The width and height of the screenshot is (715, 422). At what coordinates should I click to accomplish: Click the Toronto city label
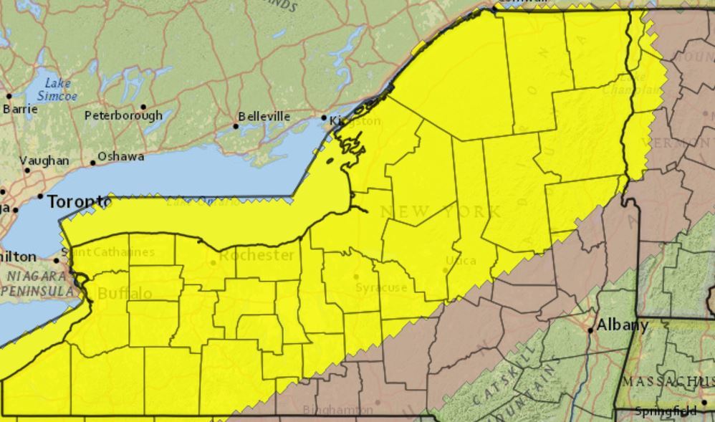[79, 203]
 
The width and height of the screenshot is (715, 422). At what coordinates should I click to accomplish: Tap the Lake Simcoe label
[57, 89]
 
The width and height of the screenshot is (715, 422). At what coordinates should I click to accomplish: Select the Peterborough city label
[123, 115]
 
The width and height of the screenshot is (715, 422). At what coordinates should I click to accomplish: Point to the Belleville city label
[264, 117]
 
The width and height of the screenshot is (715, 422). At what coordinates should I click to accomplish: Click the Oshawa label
[120, 156]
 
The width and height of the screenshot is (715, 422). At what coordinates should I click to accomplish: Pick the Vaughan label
[44, 161]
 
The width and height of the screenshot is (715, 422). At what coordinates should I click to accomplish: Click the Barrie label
[20, 110]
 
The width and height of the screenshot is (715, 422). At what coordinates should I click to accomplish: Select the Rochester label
[256, 255]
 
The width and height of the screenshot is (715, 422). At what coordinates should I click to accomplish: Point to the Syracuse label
[381, 287]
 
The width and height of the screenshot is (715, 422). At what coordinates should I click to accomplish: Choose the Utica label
[461, 260]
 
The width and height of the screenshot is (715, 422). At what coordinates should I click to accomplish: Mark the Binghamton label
[337, 411]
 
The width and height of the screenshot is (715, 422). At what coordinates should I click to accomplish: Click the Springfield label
[666, 411]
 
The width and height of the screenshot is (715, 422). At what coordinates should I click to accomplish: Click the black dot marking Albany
[590, 330]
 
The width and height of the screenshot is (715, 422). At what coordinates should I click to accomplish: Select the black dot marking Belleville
[235, 126]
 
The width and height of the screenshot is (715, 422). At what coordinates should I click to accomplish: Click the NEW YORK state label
[441, 211]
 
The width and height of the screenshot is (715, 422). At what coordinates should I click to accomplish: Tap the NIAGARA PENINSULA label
[36, 283]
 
